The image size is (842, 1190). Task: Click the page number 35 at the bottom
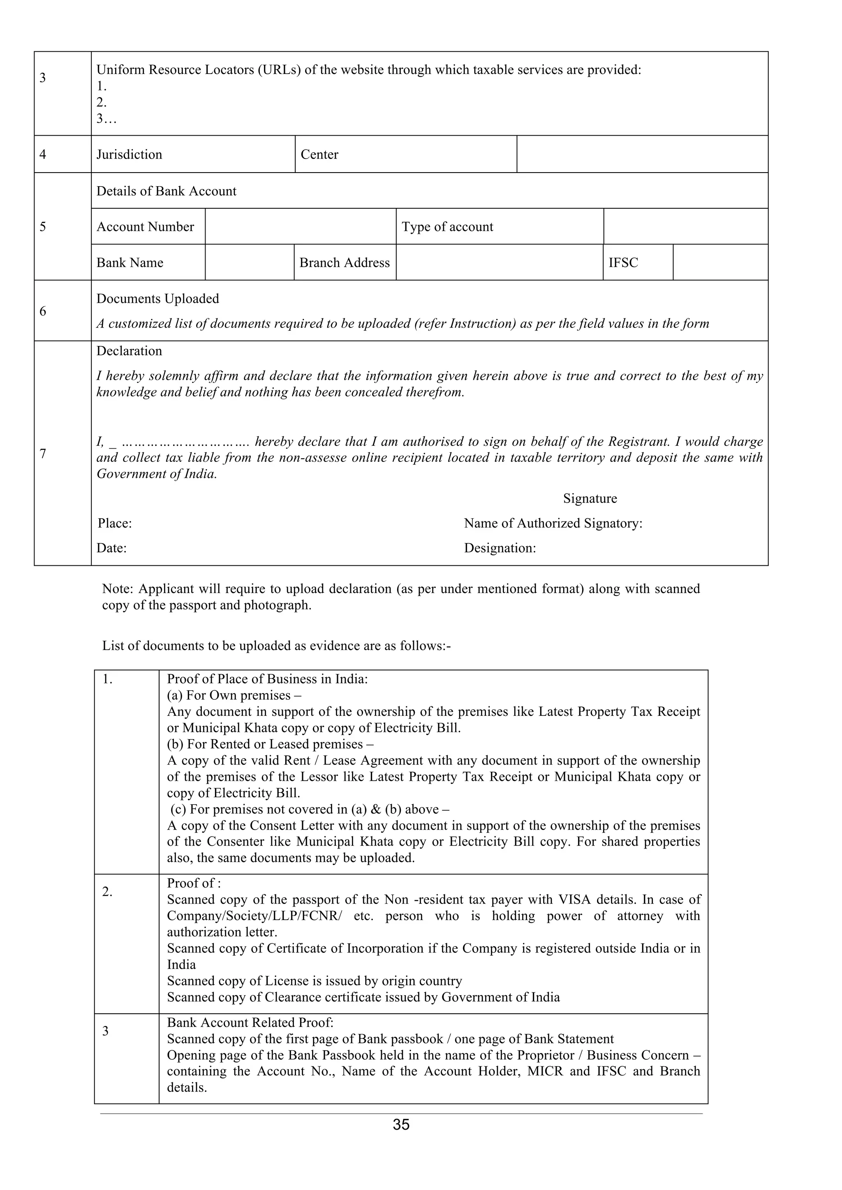pos(401,1124)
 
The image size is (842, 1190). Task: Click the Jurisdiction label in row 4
pos(129,155)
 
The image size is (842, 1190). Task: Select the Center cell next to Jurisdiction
pos(319,155)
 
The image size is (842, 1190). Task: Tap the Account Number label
pos(145,226)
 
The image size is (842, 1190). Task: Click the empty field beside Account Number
pos(300,226)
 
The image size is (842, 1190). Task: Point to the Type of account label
pos(447,226)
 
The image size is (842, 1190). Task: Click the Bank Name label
pos(130,262)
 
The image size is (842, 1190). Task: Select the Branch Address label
pos(344,262)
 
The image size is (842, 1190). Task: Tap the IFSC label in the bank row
pos(623,262)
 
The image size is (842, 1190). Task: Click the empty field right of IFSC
pos(720,262)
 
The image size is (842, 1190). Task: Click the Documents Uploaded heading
pos(157,299)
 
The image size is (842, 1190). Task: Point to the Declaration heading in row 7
pos(129,351)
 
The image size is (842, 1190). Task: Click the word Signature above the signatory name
pos(590,498)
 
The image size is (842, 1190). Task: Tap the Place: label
pos(115,523)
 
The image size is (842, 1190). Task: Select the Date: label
pos(111,548)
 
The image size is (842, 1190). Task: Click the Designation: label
pos(500,548)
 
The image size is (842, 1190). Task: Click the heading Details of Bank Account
pos(166,191)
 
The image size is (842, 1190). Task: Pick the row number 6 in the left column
pos(42,311)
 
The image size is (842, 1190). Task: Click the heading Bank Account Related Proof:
pos(250,1023)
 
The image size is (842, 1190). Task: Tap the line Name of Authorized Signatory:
pos(553,523)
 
